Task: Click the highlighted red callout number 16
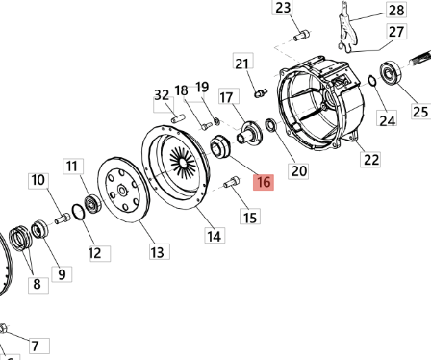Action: pyautogui.click(x=264, y=182)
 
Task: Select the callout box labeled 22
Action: pyautogui.click(x=370, y=159)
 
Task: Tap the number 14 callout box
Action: pyautogui.click(x=215, y=236)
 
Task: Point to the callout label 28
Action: pyautogui.click(x=396, y=10)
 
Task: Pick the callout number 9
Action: pyautogui.click(x=62, y=274)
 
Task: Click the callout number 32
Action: pyautogui.click(x=162, y=95)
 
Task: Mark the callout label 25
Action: pyautogui.click(x=420, y=112)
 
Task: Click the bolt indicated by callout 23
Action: pyautogui.click(x=302, y=35)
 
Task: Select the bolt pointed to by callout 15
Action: pyautogui.click(x=232, y=182)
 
